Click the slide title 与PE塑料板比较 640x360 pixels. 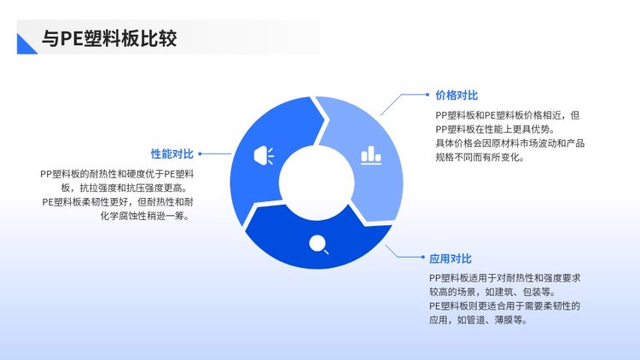click(x=109, y=38)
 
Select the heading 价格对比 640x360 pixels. click(x=457, y=96)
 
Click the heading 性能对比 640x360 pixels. click(x=172, y=154)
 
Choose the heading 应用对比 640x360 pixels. click(x=451, y=258)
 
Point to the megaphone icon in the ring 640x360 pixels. click(x=264, y=155)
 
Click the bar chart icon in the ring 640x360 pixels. click(x=371, y=155)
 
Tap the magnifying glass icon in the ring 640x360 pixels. click(x=319, y=245)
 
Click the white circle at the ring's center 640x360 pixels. click(x=317, y=183)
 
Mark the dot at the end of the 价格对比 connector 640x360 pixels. click(x=428, y=95)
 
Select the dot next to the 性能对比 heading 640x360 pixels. click(x=200, y=154)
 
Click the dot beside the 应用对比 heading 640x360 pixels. click(x=423, y=257)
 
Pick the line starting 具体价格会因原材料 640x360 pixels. click(x=509, y=143)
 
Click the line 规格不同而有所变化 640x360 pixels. click(x=480, y=157)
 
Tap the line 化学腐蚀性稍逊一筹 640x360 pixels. click(x=146, y=216)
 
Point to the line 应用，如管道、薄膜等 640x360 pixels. click(x=478, y=320)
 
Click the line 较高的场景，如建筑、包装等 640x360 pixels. click(x=492, y=292)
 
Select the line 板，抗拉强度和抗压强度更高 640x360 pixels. click(x=126, y=189)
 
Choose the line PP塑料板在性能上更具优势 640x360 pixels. click(x=495, y=130)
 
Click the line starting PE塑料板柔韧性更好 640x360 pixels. click(x=118, y=202)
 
